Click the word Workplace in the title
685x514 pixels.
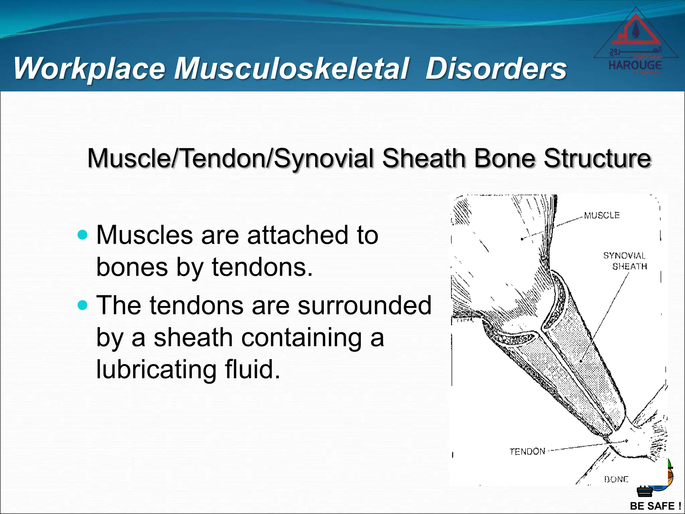click(90, 69)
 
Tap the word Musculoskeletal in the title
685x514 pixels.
click(291, 69)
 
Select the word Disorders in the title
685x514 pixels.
click(496, 69)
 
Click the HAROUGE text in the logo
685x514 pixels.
click(635, 65)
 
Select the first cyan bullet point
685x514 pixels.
click(82, 235)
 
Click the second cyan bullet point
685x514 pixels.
click(82, 305)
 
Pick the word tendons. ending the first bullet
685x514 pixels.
click(262, 268)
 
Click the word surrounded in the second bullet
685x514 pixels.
click(365, 305)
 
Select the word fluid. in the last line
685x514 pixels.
click(252, 369)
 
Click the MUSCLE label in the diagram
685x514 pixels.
click(602, 215)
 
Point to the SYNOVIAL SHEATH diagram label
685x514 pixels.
click(625, 261)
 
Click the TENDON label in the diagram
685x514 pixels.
click(527, 451)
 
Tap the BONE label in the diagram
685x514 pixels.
click(616, 479)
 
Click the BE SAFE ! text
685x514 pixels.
click(655, 506)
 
